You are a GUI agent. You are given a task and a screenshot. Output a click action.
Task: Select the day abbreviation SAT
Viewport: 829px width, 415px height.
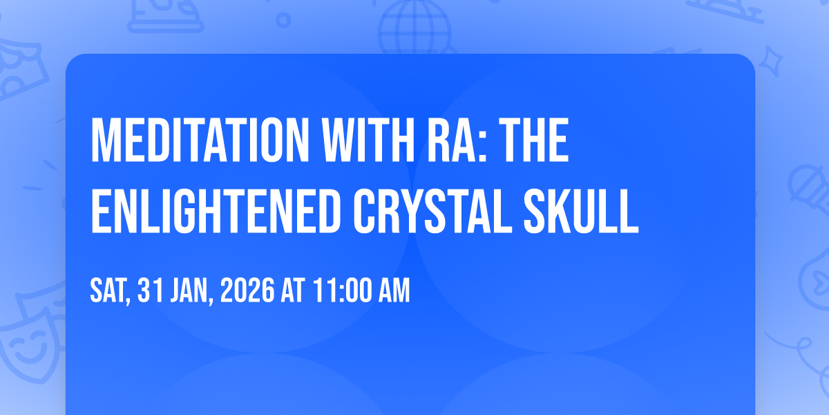coord(109,292)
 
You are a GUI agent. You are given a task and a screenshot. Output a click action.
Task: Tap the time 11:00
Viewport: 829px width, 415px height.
coord(341,292)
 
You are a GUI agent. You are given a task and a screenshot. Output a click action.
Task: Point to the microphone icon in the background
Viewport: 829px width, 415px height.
coord(807,187)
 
